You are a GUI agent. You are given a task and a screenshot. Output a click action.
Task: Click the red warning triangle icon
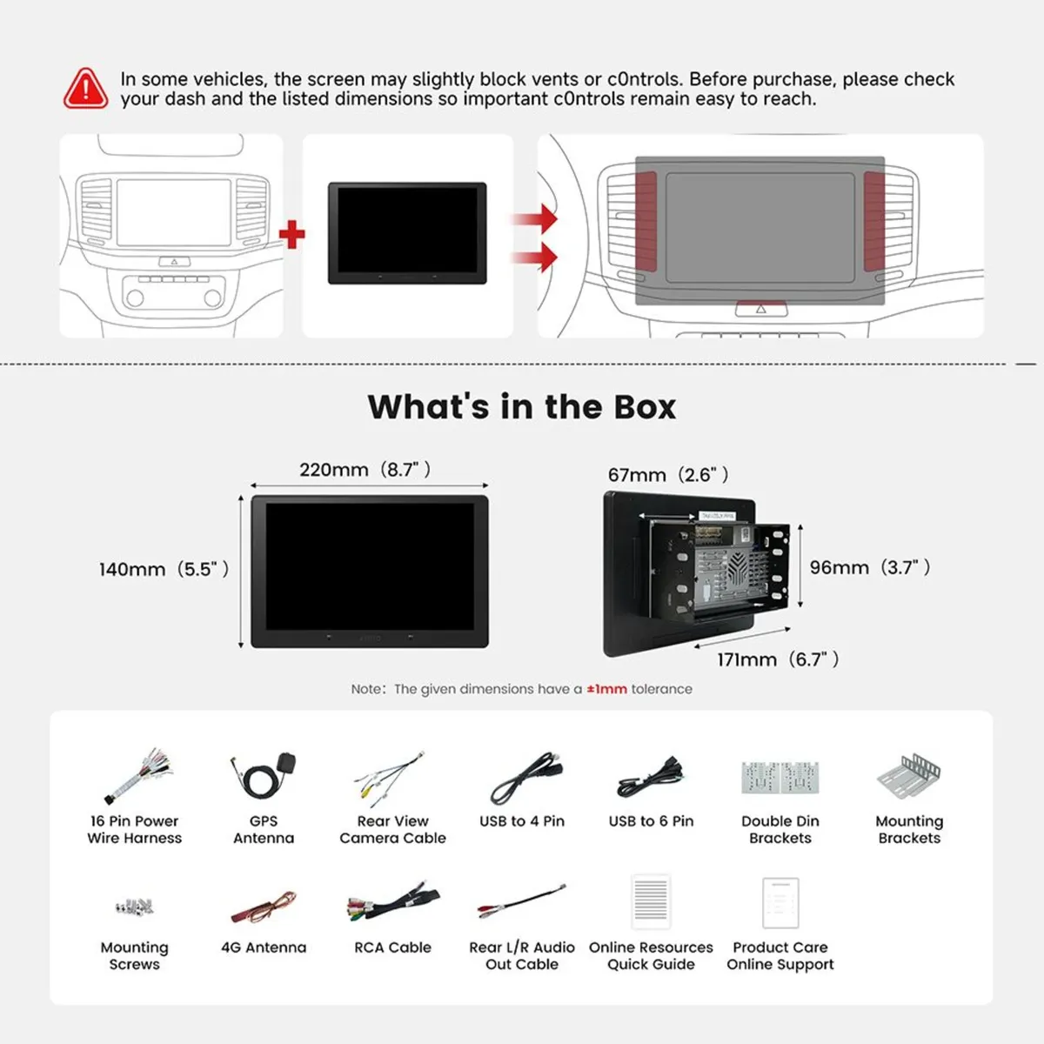point(85,89)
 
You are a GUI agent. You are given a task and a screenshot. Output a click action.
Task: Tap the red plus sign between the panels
point(292,234)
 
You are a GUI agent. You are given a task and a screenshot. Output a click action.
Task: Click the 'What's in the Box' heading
point(522,407)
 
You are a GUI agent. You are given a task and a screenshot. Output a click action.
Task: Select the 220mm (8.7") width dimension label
point(365,469)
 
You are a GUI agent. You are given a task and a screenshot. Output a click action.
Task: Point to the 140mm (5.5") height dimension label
point(164,569)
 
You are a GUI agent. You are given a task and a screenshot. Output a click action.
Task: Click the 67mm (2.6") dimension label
point(668,475)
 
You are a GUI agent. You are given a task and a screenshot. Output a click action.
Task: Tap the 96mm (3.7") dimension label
point(869,567)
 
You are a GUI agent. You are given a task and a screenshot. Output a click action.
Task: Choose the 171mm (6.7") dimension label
point(778,659)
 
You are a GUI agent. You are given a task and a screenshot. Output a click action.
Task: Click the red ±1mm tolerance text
point(606,689)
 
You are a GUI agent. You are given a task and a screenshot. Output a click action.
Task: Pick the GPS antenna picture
point(264,775)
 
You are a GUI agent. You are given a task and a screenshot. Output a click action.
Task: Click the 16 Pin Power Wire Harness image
point(138,776)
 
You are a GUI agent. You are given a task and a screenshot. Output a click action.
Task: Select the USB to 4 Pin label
point(522,821)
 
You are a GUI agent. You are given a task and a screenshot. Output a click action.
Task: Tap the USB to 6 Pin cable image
point(651,777)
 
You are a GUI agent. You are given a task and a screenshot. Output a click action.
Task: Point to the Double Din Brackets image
point(780,778)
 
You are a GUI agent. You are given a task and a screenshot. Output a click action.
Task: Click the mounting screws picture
point(134,906)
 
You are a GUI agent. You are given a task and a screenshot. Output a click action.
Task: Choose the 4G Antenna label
point(264,947)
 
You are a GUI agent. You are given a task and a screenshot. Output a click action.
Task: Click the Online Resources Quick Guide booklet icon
point(651,901)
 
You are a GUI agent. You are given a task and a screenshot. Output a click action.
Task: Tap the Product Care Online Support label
point(780,956)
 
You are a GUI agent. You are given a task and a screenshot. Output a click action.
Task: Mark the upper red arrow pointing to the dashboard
point(535,219)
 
